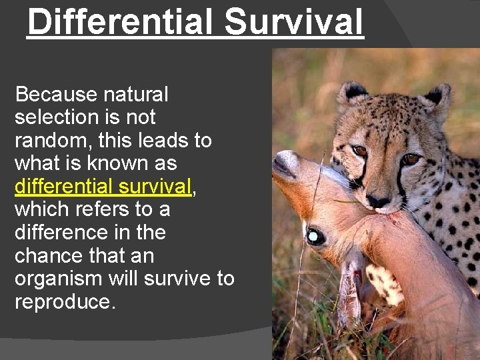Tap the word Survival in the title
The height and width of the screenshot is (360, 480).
point(294,21)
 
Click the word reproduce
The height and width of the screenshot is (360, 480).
point(65,301)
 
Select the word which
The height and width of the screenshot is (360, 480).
point(40,209)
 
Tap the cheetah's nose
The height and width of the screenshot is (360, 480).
point(378,200)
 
